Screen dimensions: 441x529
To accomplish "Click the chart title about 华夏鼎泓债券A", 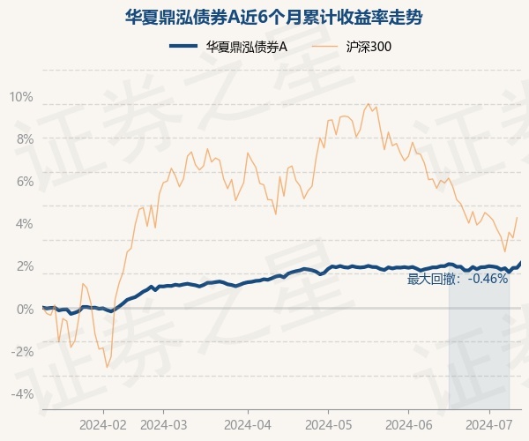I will coord(264,17).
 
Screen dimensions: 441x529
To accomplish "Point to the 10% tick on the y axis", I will coord(21,96).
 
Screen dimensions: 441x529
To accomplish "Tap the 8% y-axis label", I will coord(24,138).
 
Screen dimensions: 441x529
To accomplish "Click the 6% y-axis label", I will coord(24,181).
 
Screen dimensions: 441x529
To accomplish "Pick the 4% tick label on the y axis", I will coord(24,223).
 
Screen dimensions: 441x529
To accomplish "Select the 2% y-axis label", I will coord(24,265).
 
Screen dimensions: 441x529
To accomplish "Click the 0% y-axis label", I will coord(24,308).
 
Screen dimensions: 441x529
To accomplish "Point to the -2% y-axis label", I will coord(22,350).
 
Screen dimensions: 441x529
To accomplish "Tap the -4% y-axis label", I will coord(22,392).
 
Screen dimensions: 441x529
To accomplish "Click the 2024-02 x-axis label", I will coord(103,424).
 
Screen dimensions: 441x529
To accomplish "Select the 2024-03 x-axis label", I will coord(165,424).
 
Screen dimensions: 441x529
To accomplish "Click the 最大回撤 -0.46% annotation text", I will coord(458,279).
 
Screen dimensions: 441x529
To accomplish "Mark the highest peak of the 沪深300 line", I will coord(368,104).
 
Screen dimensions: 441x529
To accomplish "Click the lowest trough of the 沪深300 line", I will coord(107,367).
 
